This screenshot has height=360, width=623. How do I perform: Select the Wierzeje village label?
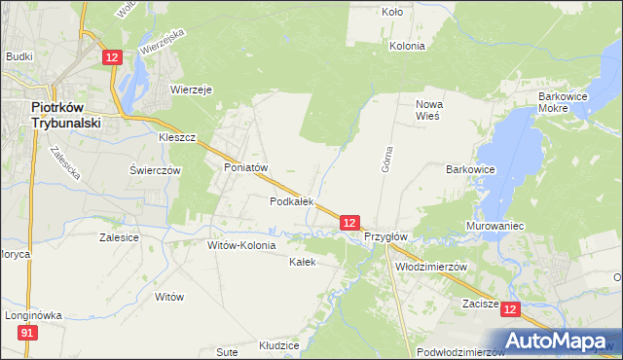click(191, 89)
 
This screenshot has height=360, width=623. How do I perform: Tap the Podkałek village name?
click(291, 201)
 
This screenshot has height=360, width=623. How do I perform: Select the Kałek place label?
click(303, 262)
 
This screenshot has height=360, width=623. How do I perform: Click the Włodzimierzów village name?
click(431, 266)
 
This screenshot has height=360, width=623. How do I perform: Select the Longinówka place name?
click(32, 315)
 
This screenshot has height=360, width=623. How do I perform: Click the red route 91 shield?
click(26, 334)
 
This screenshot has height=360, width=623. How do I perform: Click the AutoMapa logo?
click(557, 341)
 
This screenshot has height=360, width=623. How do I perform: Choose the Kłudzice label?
click(276, 344)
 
